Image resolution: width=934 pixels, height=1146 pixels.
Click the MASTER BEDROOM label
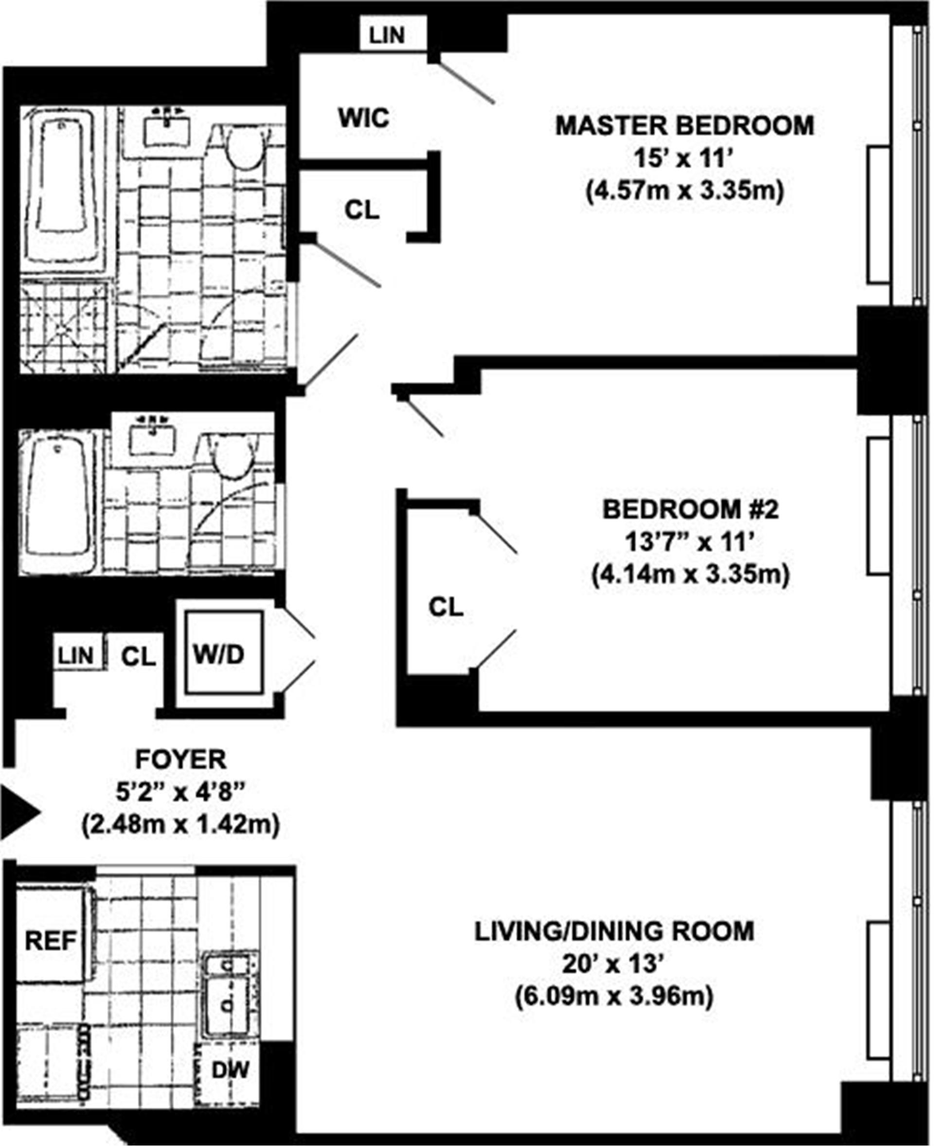coord(684,126)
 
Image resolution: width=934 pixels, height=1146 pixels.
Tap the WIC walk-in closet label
coord(364,118)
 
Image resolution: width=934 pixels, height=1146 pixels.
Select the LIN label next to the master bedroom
coord(387,36)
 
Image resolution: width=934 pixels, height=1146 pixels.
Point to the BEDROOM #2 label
coord(690,509)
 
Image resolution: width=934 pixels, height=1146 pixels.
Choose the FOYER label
coord(181,760)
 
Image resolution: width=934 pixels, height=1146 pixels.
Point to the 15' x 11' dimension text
coord(683,159)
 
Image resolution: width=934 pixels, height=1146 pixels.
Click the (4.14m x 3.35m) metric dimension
coord(690,574)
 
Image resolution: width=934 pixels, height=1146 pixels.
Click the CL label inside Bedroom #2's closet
coord(446,608)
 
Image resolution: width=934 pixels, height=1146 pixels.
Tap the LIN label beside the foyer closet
coord(76,656)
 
